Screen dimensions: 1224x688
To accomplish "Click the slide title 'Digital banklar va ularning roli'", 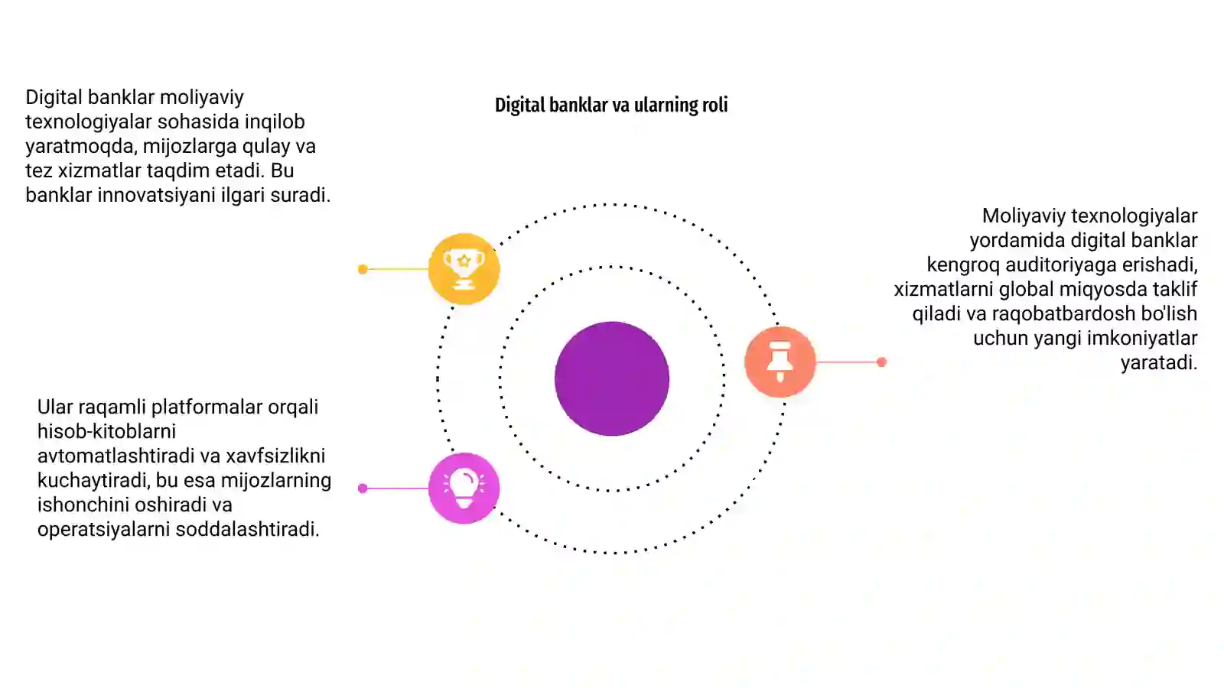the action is click(x=611, y=105).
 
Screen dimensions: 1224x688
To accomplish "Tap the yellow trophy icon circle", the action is click(x=464, y=268).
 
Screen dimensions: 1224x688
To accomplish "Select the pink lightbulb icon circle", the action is click(x=464, y=488).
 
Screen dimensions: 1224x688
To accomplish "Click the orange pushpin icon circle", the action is click(x=780, y=362).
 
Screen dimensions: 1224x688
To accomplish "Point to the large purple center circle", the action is click(x=612, y=378).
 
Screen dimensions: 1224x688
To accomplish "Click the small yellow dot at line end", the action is click(x=363, y=269).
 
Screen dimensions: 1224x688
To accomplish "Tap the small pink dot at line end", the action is click(x=363, y=488).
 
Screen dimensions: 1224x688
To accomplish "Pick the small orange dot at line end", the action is click(x=881, y=362).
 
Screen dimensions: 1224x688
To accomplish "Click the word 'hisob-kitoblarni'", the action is click(x=106, y=431).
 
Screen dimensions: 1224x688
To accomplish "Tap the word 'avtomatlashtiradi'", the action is click(x=116, y=456).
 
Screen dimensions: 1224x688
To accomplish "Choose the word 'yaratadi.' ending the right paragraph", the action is click(x=1159, y=362).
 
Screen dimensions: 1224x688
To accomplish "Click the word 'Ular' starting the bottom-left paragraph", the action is click(x=55, y=407).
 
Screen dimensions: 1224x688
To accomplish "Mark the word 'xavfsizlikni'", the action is click(x=275, y=456).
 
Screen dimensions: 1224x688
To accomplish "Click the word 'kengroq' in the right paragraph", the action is click(x=963, y=264).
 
